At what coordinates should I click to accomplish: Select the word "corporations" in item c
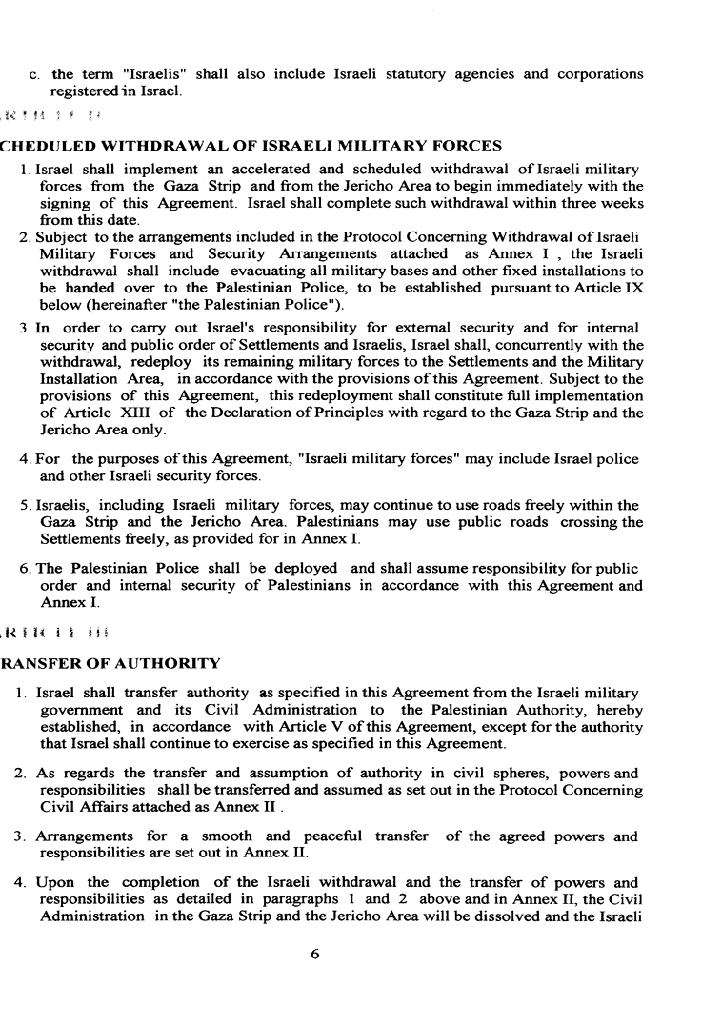(596, 73)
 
